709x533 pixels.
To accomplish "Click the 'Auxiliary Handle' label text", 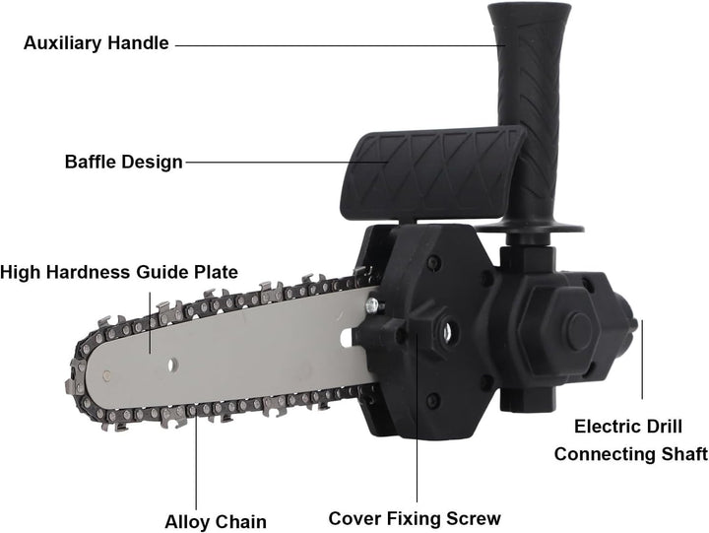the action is pyautogui.click(x=97, y=43).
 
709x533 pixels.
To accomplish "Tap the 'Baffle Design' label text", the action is pyautogui.click(x=123, y=162).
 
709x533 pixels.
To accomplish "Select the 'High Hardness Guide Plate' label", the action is pyautogui.click(x=119, y=272).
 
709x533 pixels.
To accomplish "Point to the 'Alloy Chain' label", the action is pyautogui.click(x=216, y=522).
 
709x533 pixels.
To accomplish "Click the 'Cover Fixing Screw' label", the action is pyautogui.click(x=415, y=518).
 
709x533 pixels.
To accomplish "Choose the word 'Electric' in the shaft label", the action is pyautogui.click(x=604, y=427).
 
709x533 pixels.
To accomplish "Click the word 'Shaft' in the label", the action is pyautogui.click(x=684, y=454).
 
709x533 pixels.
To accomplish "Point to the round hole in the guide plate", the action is pyautogui.click(x=172, y=365).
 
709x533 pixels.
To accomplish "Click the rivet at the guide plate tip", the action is pyautogui.click(x=106, y=374).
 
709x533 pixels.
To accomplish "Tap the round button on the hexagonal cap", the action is pyautogui.click(x=580, y=332).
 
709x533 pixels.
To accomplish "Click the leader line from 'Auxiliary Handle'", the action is pyautogui.click(x=341, y=45).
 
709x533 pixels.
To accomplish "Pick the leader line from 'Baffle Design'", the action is pyautogui.click(x=287, y=162).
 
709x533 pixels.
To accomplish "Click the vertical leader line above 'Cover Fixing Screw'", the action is pyautogui.click(x=417, y=418).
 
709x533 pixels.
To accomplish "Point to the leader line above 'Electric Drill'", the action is pyautogui.click(x=642, y=360).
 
